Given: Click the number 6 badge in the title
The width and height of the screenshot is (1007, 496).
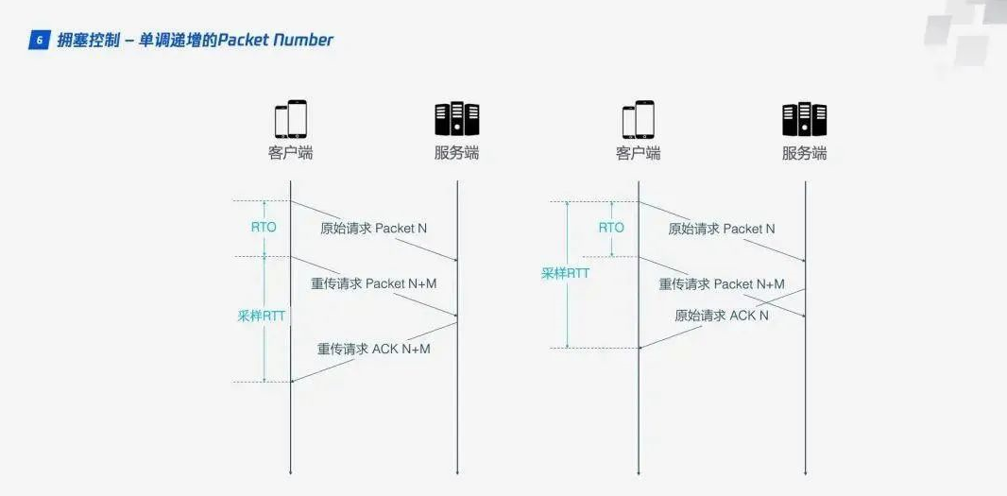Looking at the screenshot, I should (x=39, y=41).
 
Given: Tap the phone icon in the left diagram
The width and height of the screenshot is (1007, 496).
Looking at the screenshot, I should (x=290, y=119).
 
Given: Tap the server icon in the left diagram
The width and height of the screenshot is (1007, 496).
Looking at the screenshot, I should (x=456, y=119).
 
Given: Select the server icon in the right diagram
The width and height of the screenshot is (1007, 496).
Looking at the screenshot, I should (x=804, y=119).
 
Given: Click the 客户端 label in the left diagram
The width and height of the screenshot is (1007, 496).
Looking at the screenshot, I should (x=290, y=153).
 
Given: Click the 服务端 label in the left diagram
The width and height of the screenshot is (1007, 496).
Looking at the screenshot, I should (x=456, y=153).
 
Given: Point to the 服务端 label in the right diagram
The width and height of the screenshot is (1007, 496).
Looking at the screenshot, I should (x=804, y=153).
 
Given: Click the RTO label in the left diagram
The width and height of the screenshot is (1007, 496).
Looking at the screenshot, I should (x=264, y=228).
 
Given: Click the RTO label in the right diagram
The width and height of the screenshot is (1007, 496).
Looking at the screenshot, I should (x=611, y=228).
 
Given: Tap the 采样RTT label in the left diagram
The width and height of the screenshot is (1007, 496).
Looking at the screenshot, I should (x=261, y=316).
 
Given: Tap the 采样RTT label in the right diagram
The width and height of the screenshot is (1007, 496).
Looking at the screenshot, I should (x=565, y=273).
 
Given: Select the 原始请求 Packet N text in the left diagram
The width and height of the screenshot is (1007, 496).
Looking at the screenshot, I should (x=373, y=229).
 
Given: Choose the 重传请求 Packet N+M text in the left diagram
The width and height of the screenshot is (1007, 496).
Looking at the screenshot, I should (x=374, y=283).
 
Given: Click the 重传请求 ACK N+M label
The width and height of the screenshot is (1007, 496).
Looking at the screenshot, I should (x=373, y=349).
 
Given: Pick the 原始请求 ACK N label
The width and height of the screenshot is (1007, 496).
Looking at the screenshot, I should (x=721, y=316).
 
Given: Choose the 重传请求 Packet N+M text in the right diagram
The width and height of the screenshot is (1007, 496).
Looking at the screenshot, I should (x=722, y=283).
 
